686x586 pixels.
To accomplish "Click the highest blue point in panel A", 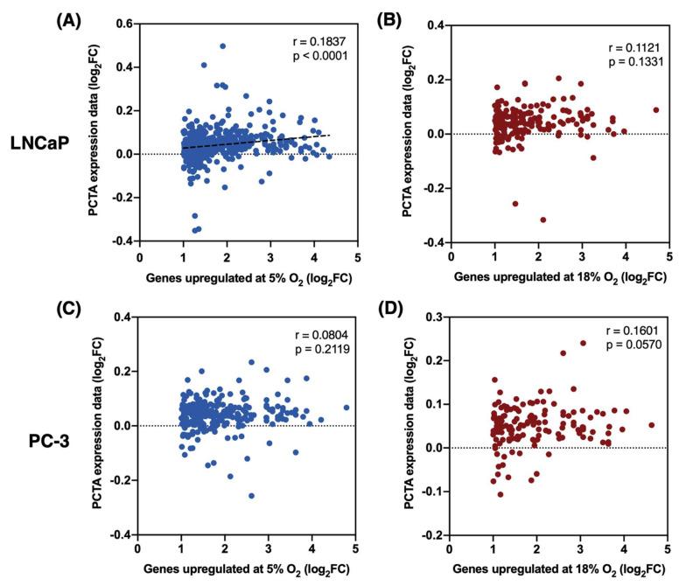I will (223, 46).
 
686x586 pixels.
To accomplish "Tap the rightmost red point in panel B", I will (655, 110).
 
